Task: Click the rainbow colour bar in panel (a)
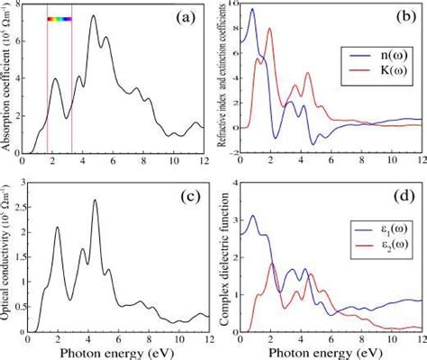pos(59,18)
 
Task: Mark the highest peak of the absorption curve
pos(93,16)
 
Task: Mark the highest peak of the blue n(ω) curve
pos(251,10)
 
